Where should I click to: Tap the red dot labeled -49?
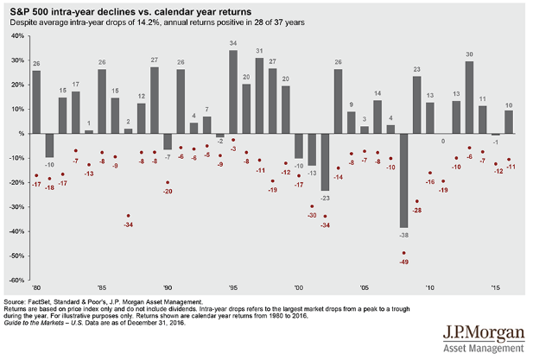click(403, 252)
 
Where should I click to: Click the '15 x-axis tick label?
click(495, 287)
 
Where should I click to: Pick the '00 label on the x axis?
click(298, 287)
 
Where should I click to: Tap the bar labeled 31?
click(259, 96)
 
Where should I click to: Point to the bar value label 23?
click(417, 69)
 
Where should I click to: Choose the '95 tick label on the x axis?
click(232, 287)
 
